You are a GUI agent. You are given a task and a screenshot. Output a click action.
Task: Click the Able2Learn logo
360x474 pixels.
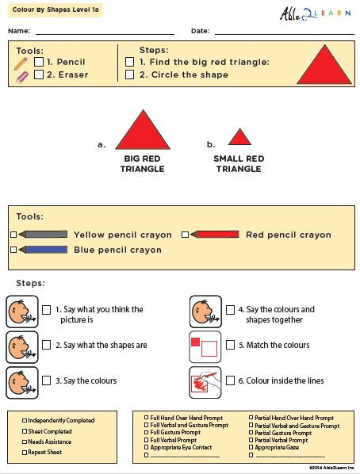click(x=316, y=13)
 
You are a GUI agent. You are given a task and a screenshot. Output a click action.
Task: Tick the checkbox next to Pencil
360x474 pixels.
click(x=39, y=61)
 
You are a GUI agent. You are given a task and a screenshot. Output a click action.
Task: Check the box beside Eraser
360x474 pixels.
click(x=39, y=75)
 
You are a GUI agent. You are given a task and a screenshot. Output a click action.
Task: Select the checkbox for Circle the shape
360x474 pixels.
click(x=130, y=75)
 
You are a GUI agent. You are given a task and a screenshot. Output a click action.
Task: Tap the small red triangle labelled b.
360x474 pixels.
click(x=240, y=137)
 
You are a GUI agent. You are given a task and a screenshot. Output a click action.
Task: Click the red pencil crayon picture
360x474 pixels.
click(x=213, y=235)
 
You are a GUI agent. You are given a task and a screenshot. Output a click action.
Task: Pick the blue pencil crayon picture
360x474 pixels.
click(x=42, y=250)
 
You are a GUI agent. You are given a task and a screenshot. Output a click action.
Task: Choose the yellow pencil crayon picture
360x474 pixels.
click(x=42, y=235)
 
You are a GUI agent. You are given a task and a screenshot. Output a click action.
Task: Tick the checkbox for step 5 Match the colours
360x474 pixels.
click(x=230, y=346)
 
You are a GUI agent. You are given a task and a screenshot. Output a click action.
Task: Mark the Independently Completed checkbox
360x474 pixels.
click(x=25, y=421)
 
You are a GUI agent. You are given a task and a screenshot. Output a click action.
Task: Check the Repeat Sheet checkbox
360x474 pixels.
click(x=25, y=453)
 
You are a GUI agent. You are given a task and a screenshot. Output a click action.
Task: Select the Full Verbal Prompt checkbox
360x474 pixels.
click(x=146, y=441)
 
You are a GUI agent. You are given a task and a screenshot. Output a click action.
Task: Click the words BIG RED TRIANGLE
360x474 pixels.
click(x=144, y=163)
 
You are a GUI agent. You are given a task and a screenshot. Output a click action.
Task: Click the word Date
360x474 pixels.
click(x=200, y=31)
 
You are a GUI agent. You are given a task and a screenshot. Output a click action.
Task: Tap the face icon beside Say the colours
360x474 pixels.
click(x=21, y=381)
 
